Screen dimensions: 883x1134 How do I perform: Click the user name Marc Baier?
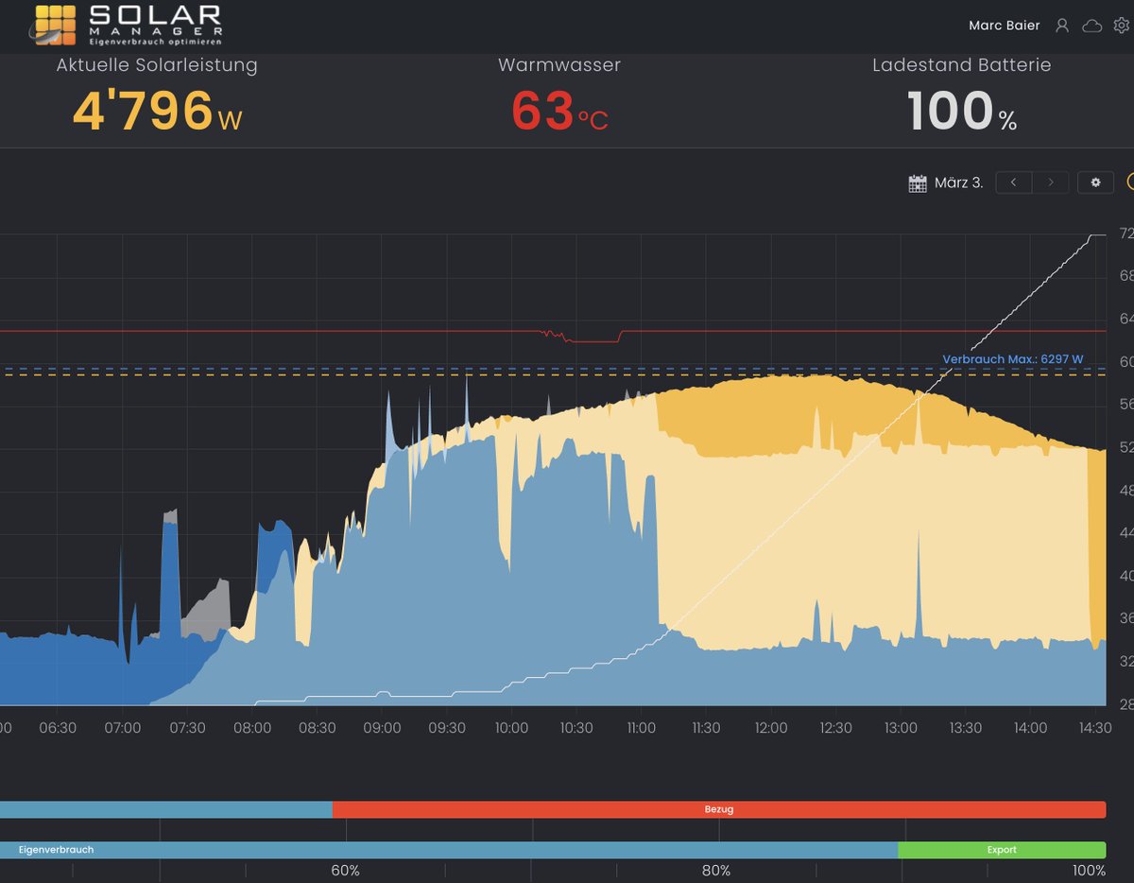[x=1004, y=26]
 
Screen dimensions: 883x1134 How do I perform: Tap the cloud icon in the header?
[x=1091, y=26]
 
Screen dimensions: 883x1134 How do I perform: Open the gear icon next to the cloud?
[x=1121, y=26]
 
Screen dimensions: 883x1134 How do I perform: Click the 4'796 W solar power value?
[x=157, y=112]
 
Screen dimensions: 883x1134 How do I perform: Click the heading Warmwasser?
[x=559, y=65]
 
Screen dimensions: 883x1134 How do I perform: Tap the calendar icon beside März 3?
[x=917, y=183]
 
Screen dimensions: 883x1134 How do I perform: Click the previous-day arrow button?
[x=1013, y=182]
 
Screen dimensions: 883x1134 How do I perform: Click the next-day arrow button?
[x=1050, y=182]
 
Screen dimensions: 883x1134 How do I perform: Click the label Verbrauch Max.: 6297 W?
[x=1012, y=359]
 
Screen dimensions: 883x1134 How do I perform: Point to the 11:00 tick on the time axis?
[x=642, y=728]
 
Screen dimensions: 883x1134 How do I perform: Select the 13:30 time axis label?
[x=966, y=728]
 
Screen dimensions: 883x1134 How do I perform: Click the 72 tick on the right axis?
[x=1125, y=234]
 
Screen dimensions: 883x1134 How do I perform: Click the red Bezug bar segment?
[x=718, y=809]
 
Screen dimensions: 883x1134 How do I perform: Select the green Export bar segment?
[x=1002, y=850]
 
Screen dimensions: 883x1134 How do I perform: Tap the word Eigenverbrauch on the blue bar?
[x=56, y=850]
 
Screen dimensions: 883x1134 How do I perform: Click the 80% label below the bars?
[x=715, y=871]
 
